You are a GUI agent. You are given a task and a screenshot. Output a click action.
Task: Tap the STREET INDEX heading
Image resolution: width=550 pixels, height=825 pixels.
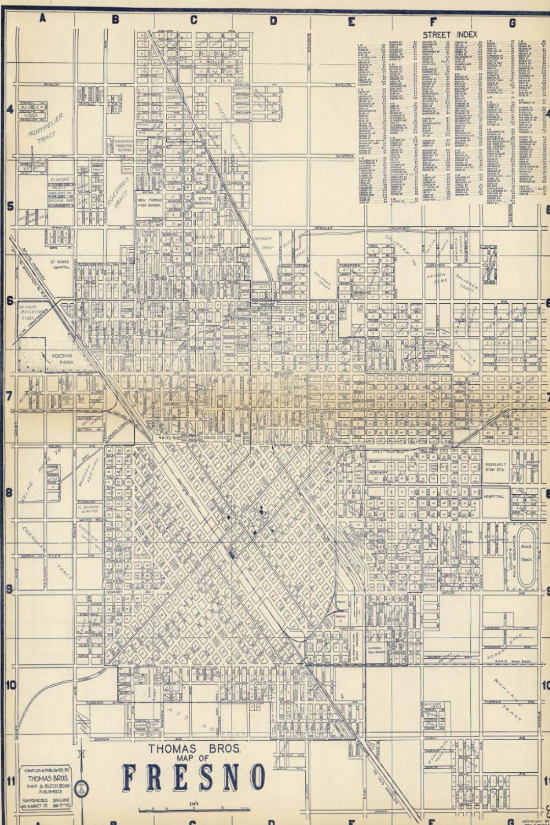[x=450, y=35]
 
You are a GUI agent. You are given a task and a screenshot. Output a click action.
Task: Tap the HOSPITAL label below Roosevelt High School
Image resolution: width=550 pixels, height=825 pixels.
[x=493, y=496]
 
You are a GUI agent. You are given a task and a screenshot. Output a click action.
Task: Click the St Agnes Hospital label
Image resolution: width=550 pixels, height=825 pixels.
[x=61, y=265]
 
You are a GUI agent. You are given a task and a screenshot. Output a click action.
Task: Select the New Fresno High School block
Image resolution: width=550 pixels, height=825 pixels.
[x=149, y=203]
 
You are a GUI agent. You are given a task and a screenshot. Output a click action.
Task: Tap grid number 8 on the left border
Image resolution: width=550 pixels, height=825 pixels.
[x=9, y=492]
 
